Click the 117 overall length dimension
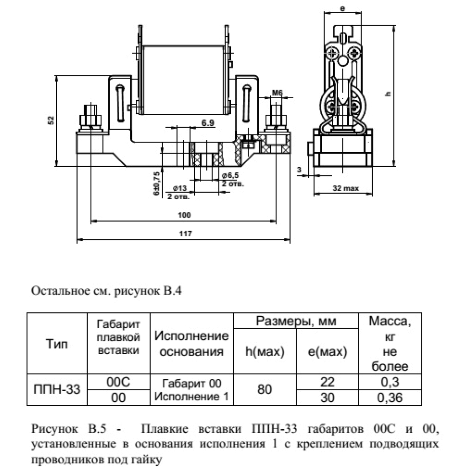(186, 234)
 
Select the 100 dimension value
(184, 215)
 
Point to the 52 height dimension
(51, 120)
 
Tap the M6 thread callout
(277, 93)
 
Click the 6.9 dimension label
(208, 122)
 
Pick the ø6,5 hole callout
(230, 175)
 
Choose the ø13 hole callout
(180, 188)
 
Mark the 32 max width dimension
(346, 188)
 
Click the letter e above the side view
(342, 8)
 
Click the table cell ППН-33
(57, 389)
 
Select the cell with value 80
(265, 389)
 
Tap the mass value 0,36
(390, 398)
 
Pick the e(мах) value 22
(327, 382)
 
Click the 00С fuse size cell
(118, 382)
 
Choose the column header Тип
(57, 344)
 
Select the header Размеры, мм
(296, 321)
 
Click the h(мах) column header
(265, 351)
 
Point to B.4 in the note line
(172, 291)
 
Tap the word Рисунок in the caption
(54, 429)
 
